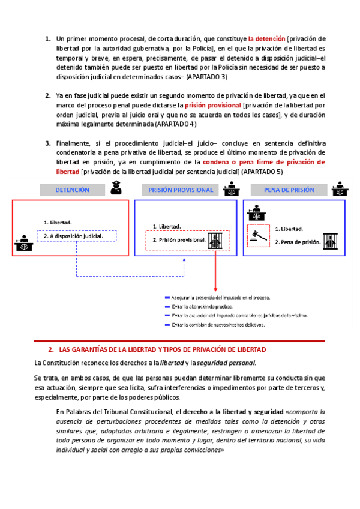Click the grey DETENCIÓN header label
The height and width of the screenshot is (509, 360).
coord(72,190)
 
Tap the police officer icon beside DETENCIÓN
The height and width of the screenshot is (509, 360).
coord(117,190)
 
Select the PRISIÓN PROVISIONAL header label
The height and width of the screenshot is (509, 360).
coord(181,190)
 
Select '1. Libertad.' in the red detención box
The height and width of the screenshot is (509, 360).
coord(58,223)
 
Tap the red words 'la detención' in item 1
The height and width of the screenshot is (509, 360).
coord(266,39)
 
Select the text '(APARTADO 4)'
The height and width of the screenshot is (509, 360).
coord(176,124)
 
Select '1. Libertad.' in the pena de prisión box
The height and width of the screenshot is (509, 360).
coord(289,229)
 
